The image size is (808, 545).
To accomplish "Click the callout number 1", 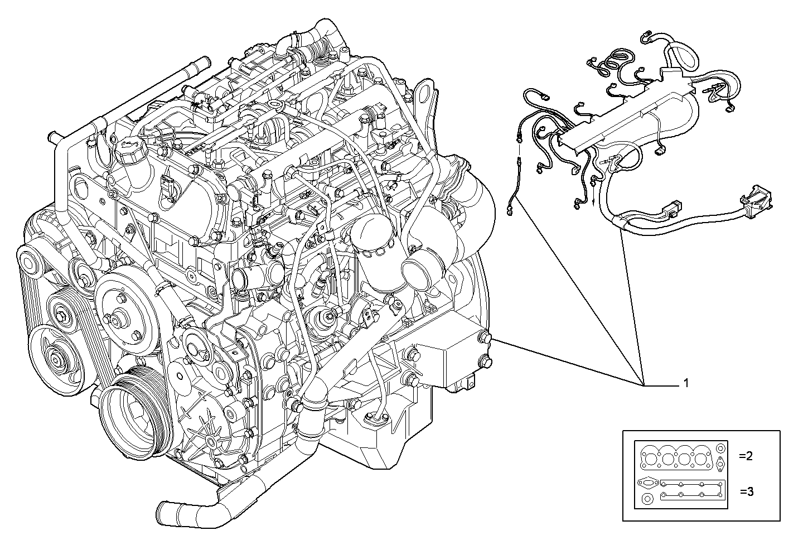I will (686, 383).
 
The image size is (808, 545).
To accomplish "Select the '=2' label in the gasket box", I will (746, 456).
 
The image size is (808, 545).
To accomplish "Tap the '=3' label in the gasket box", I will (747, 491).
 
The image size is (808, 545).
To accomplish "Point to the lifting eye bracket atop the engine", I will (425, 92).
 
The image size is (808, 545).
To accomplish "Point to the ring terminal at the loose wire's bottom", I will (509, 211).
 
